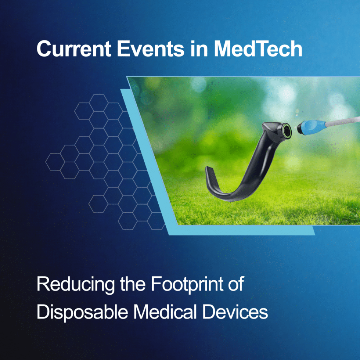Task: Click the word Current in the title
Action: tap(74, 48)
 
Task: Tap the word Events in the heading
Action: tap(151, 48)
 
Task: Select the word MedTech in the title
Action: tap(258, 48)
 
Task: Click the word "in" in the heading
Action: tap(199, 48)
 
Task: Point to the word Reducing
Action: tap(76, 285)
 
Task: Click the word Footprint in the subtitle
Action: tap(187, 284)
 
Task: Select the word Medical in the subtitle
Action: tap(165, 312)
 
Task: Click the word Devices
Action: tap(235, 312)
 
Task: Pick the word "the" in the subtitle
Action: tap(133, 284)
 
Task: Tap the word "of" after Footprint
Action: tap(236, 284)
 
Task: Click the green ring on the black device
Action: tap(287, 131)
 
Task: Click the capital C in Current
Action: tap(44, 49)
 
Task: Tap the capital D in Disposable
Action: tap(43, 312)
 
